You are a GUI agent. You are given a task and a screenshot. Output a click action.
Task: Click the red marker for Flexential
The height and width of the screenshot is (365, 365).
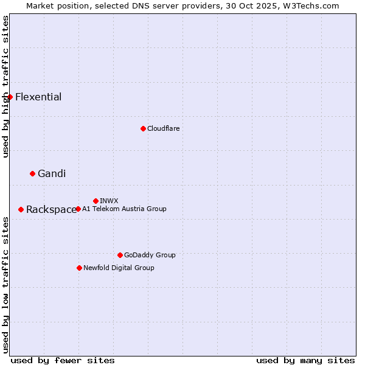10,97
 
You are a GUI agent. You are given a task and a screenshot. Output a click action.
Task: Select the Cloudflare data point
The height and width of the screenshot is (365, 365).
143,128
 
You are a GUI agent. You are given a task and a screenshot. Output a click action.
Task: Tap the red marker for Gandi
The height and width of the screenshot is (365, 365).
32,173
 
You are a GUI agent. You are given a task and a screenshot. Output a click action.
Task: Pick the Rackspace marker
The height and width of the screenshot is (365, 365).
21,209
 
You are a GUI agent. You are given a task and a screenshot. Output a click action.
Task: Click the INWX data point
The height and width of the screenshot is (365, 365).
96,201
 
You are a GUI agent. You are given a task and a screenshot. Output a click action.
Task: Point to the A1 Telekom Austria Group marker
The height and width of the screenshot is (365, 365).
78,209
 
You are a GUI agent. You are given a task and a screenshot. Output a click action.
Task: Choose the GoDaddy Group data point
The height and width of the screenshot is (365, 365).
120,255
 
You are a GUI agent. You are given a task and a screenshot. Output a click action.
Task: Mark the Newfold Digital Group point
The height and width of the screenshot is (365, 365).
79,268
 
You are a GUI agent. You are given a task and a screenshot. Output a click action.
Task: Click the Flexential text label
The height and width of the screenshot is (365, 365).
38,97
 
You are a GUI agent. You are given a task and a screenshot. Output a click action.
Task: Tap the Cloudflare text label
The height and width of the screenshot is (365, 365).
163,128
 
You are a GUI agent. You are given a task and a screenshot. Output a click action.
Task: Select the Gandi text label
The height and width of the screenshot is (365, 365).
52,173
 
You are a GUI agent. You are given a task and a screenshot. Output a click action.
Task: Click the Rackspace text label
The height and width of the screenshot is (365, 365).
51,209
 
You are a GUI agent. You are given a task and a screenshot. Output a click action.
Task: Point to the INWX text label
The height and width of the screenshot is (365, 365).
109,201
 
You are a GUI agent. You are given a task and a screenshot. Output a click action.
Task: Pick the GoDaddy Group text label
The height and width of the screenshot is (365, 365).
150,255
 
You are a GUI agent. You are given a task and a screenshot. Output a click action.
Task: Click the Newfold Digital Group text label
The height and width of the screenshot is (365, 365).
119,268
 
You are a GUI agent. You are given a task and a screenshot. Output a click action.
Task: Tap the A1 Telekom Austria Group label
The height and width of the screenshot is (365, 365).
124,209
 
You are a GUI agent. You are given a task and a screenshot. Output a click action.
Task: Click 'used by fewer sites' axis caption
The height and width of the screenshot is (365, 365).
63,360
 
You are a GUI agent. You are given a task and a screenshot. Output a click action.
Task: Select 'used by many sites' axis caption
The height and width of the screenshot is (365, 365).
305,360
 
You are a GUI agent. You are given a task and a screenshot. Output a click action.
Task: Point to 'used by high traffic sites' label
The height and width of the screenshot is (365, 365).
5,86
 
